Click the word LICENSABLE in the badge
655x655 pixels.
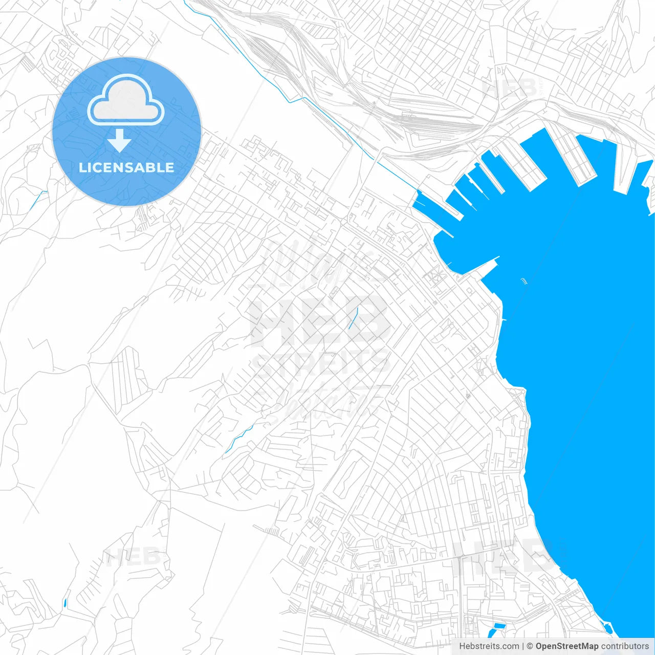(x=126, y=167)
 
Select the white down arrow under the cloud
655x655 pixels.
(x=120, y=141)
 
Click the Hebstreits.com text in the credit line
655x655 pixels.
(x=489, y=646)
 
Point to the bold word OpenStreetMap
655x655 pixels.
(x=567, y=646)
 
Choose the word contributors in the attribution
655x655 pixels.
(x=625, y=646)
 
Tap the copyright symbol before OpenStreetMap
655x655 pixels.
(x=530, y=646)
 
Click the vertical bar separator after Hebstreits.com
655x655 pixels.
(x=523, y=646)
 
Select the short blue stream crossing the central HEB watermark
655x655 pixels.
(x=353, y=318)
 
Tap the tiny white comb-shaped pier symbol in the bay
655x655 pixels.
(x=523, y=280)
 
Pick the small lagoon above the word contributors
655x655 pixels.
(x=608, y=627)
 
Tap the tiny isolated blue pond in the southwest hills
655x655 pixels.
(x=64, y=602)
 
